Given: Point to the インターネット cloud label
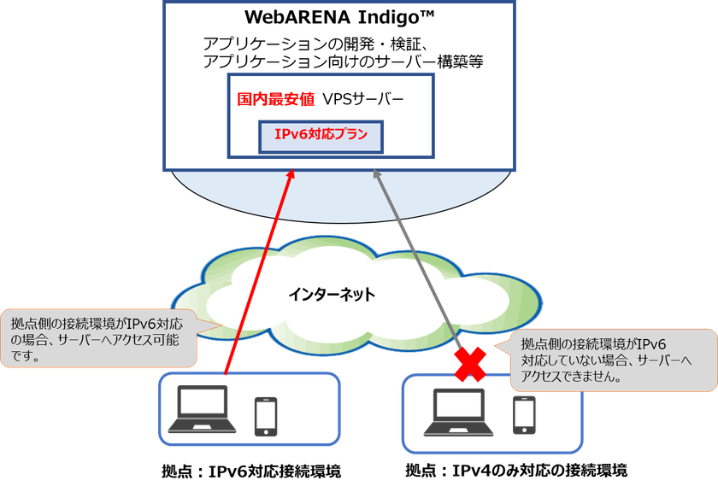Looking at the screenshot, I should click(x=331, y=295).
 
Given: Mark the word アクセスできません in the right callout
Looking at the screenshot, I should click(x=577, y=376).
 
